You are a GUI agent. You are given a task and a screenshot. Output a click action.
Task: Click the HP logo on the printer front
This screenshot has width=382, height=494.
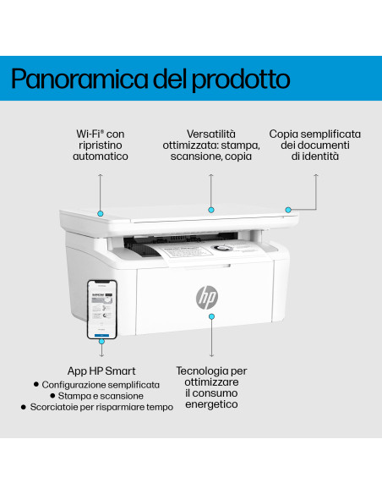pos(207,297)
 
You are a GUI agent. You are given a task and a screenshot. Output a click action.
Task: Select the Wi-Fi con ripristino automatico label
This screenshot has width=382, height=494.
pos(101,145)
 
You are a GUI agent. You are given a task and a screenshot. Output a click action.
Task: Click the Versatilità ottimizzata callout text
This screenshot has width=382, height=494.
pos(211,145)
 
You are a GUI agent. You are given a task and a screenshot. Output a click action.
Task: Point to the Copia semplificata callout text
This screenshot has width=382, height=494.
pos(315,145)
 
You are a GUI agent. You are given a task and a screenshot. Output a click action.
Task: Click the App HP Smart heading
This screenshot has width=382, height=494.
pos(101,370)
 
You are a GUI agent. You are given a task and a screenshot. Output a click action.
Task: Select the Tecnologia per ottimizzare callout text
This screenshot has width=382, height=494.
pos(212,387)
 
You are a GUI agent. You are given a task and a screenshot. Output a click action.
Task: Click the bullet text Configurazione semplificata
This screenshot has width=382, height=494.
pos(101,384)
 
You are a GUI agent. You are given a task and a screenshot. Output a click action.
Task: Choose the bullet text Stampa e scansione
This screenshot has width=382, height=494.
pos(106,395)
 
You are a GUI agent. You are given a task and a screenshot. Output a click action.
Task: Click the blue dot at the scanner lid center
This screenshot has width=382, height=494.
pos(211,209)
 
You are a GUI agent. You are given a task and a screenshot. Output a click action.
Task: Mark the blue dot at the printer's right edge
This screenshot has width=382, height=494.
pos(288,209)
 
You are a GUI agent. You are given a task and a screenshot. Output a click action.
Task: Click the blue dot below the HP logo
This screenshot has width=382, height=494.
pos(212,314)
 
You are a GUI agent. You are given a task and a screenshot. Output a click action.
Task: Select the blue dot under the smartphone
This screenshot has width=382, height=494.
pos(101,343)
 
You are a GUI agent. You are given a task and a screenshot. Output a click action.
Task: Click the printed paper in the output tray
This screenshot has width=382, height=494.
pos(186,252)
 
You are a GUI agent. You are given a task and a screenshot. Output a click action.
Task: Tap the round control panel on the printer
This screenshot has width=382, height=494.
pos(222,249)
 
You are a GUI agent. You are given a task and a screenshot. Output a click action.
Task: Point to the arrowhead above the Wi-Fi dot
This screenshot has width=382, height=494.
pos(101,174)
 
